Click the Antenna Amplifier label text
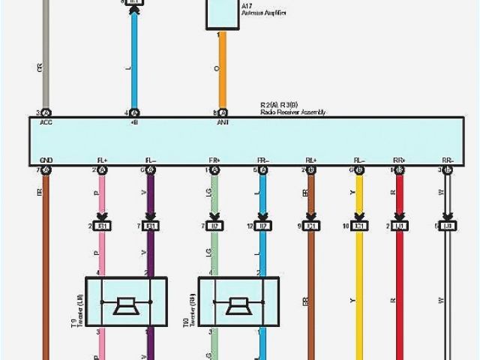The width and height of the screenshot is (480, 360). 263,13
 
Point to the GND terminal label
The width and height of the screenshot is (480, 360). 46,160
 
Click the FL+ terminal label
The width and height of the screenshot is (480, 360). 102,160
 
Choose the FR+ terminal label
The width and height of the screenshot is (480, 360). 215,160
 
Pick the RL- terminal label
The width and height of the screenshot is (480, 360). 359,160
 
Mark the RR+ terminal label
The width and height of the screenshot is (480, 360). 399,160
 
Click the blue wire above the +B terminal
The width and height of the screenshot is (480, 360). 134,60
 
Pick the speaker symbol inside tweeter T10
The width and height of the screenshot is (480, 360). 238,304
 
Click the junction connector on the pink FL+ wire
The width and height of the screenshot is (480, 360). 103,226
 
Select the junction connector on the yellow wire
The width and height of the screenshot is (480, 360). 361,226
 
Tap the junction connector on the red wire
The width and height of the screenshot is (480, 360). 400,226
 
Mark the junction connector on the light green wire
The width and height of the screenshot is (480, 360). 216,226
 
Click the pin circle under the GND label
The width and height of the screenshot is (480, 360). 46,171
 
